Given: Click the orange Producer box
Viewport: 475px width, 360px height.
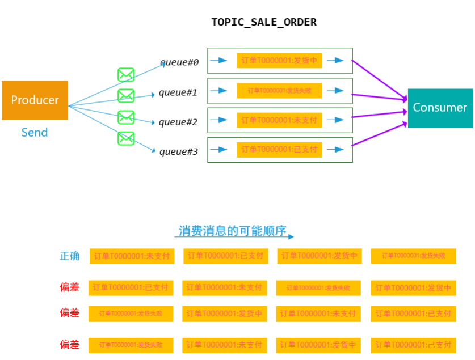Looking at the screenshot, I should click(35, 100).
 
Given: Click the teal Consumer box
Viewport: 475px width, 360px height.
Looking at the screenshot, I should click(440, 108).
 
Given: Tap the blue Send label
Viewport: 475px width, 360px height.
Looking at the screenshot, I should click(35, 133).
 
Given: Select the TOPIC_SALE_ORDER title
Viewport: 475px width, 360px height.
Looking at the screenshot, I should click(264, 23).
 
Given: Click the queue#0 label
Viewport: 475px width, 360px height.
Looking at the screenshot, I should click(179, 62).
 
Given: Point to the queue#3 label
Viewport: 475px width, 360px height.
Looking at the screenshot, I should click(179, 151).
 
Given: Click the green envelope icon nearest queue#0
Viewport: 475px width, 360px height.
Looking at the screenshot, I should click(126, 74).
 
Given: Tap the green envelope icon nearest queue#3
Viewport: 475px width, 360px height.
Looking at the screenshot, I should click(126, 138).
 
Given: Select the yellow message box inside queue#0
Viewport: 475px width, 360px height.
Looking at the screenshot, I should click(279, 61).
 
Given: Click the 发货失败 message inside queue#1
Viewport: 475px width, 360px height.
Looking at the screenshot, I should click(279, 91).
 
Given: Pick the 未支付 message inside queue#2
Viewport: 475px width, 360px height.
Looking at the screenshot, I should click(279, 120).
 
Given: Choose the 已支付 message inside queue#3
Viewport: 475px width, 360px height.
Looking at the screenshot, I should click(279, 150).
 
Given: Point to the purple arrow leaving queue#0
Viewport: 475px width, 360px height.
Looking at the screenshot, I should click(379, 79).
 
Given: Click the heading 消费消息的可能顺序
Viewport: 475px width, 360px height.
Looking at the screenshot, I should click(232, 231).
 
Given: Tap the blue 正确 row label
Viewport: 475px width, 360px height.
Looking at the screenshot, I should click(70, 256).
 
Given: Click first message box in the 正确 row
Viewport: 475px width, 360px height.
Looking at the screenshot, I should click(132, 256).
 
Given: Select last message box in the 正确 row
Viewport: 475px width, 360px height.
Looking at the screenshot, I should click(413, 256).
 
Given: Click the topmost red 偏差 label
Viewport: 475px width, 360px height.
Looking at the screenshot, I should click(70, 287).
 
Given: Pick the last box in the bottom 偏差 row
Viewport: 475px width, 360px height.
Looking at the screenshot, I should click(413, 345).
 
